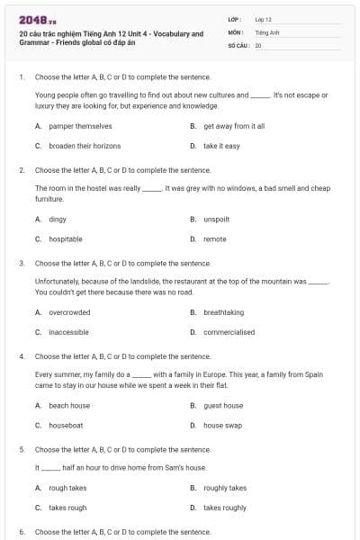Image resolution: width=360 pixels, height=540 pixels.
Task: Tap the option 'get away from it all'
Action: click(234, 127)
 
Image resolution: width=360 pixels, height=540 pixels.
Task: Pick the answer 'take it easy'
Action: click(221, 146)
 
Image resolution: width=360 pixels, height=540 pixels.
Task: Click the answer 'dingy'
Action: click(58, 220)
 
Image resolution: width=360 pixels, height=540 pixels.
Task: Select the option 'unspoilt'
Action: click(217, 220)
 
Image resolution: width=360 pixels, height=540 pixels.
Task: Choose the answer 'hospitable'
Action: click(66, 239)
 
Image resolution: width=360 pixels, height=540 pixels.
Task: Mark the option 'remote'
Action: click(215, 239)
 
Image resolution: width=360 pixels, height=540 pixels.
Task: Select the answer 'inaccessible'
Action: click(68, 332)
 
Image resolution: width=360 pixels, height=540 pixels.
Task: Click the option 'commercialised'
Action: click(229, 332)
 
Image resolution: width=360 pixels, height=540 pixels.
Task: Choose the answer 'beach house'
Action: click(69, 406)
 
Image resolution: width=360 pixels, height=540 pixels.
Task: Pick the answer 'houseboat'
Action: click(66, 426)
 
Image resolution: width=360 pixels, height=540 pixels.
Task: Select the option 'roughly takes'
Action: click(225, 488)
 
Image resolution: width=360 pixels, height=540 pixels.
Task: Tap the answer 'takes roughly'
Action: click(225, 508)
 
